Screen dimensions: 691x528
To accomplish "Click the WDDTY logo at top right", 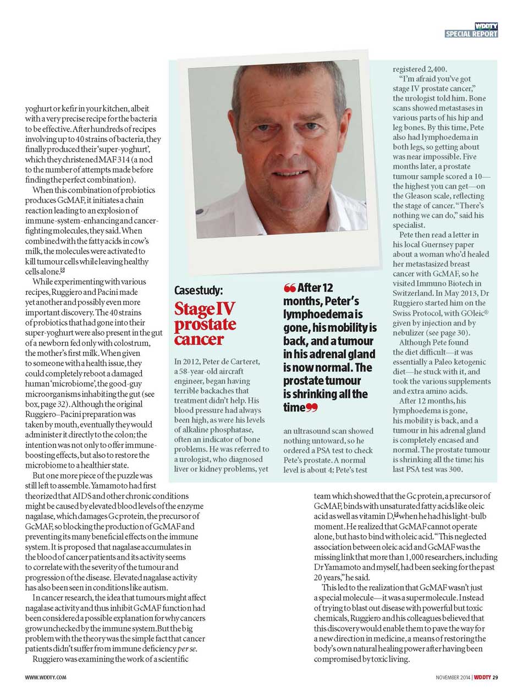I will pyautogui.click(x=486, y=26).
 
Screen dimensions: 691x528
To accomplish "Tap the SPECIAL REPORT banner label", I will pyautogui.click(x=471, y=34).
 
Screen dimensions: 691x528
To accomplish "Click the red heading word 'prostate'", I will pyautogui.click(x=205, y=325).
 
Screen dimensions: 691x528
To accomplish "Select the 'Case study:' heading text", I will pyautogui.click(x=199, y=290).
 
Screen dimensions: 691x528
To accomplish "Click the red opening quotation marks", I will pyautogui.click(x=289, y=288).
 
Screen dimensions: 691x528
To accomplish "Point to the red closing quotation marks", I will pyautogui.click(x=312, y=408).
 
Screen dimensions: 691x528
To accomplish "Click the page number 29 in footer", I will pyautogui.click(x=495, y=677).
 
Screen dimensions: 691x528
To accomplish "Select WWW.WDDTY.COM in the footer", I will pyautogui.click(x=46, y=677).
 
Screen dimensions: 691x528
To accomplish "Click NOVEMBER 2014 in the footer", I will pyautogui.click(x=453, y=677).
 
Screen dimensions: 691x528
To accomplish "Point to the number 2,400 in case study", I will pyautogui.click(x=435, y=69).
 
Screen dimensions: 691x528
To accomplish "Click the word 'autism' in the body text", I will pyautogui.click(x=156, y=588).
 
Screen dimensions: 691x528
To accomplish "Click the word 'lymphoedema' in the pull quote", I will pyautogui.click(x=319, y=315).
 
